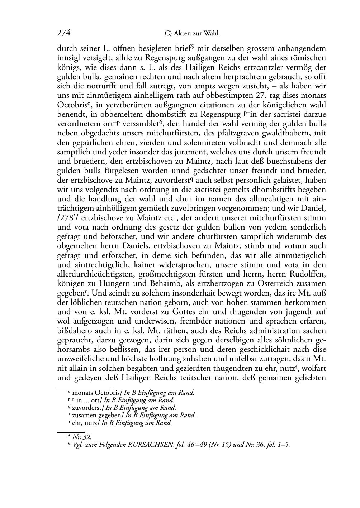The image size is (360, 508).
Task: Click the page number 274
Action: tap(63, 33)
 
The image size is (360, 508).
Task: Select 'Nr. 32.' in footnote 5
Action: tap(82, 437)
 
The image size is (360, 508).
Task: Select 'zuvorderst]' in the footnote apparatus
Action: tap(88, 408)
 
